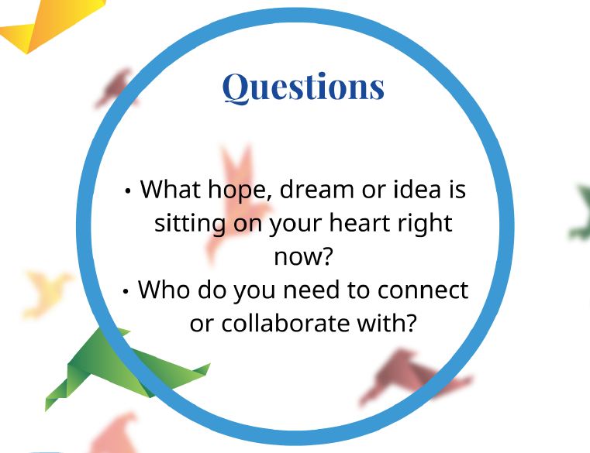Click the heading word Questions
[x=303, y=88]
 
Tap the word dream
[x=317, y=189]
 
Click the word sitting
[x=190, y=225]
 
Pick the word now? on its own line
[x=303, y=257]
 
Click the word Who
[x=164, y=290]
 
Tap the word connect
[x=423, y=290]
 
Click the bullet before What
[x=128, y=190]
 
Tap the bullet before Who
[x=126, y=291]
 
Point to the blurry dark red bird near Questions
[x=115, y=88]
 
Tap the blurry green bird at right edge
[x=579, y=212]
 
